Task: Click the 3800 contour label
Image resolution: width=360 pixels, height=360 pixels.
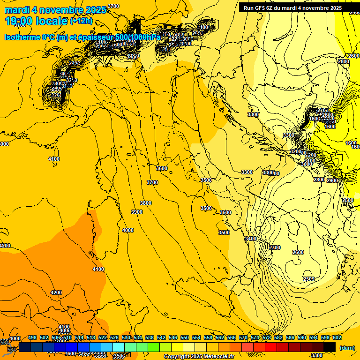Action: [x=146, y=203]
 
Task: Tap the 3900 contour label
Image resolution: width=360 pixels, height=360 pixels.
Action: [x=137, y=212]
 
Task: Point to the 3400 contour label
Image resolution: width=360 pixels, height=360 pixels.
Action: [x=251, y=239]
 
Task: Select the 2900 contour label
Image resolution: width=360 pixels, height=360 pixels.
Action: [x=332, y=180]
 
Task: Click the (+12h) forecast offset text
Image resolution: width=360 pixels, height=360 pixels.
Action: [x=81, y=21]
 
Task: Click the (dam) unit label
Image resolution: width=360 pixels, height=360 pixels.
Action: [x=347, y=347]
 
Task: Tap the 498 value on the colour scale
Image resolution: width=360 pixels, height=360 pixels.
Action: [x=32, y=337]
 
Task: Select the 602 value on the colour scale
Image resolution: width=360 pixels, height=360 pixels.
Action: [x=337, y=337]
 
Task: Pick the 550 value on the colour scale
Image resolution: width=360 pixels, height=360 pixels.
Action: [x=185, y=337]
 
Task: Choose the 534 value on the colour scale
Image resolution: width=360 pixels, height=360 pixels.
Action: [x=138, y=337]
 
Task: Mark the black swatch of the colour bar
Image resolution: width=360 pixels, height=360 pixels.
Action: [x=330, y=347]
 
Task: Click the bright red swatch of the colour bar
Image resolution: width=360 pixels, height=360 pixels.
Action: [x=271, y=347]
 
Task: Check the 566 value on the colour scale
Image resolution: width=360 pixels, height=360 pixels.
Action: [x=232, y=337]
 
